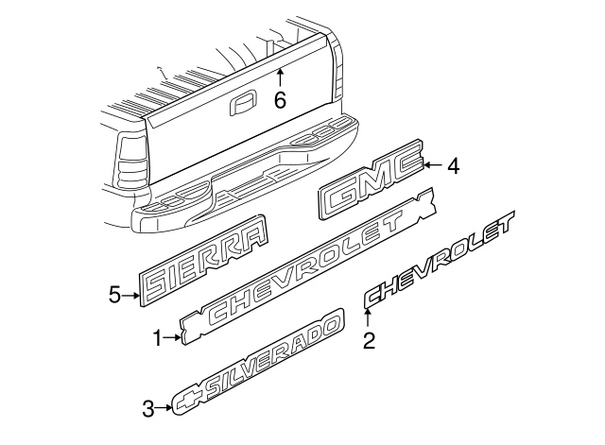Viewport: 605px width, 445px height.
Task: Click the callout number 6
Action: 280,98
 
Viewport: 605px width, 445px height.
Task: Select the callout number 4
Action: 453,166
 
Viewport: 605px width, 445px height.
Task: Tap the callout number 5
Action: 115,295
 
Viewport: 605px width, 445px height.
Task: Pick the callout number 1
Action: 158,335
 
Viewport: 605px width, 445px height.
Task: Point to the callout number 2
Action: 370,339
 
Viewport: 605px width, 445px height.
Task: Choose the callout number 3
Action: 147,408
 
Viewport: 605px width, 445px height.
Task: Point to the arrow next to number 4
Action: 433,165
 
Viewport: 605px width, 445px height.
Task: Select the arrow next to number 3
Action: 164,408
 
